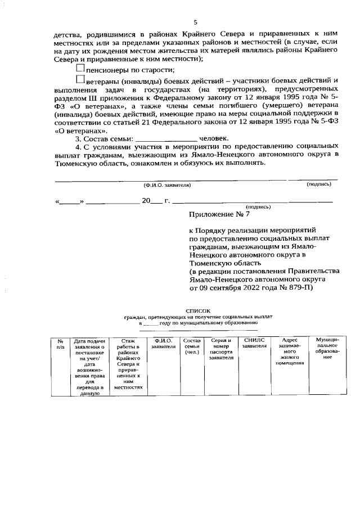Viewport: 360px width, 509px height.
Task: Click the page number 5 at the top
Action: [x=195, y=22]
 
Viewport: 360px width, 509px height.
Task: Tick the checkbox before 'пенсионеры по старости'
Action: [x=80, y=69]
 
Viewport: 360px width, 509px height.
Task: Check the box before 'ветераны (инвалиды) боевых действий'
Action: [x=80, y=82]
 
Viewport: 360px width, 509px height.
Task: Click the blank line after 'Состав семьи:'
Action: [x=166, y=138]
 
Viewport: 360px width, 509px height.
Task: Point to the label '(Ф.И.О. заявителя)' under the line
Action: [x=167, y=184]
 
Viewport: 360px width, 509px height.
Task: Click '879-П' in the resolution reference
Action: [x=304, y=288]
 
